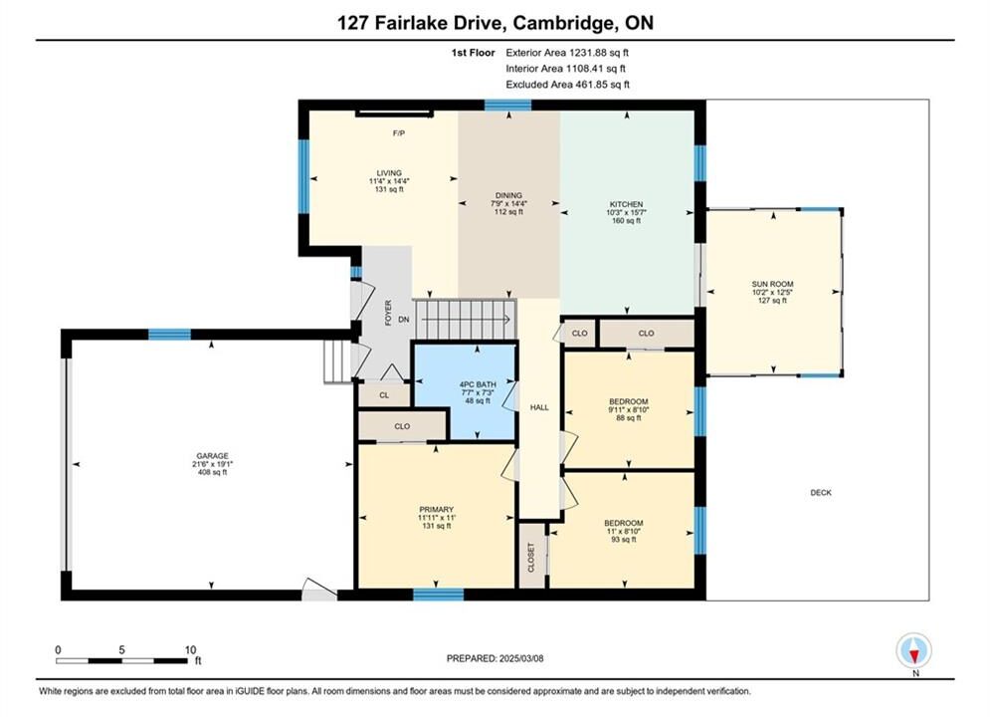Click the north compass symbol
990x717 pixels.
click(x=913, y=650)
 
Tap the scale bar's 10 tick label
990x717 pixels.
click(x=190, y=649)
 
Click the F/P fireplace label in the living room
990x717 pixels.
click(x=398, y=133)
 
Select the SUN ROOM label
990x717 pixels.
click(x=772, y=284)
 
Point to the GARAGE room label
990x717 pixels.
click(x=212, y=455)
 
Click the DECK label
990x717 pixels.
click(x=821, y=492)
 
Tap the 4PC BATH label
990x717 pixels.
click(x=478, y=384)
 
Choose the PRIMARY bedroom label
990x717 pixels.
click(x=436, y=509)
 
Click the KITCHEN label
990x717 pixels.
click(x=626, y=204)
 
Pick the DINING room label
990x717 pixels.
click(x=508, y=195)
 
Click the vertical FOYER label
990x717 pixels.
click(x=388, y=313)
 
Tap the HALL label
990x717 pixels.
click(x=539, y=407)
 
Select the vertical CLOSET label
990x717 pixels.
click(x=531, y=558)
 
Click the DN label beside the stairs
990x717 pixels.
click(x=403, y=320)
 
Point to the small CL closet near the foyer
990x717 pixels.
click(x=384, y=395)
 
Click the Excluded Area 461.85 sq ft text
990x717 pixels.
click(x=567, y=84)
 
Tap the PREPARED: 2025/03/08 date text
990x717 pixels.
click(x=495, y=658)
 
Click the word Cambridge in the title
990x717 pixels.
click(x=561, y=23)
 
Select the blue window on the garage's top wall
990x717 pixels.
click(x=169, y=335)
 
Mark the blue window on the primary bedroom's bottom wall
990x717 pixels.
click(x=438, y=594)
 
